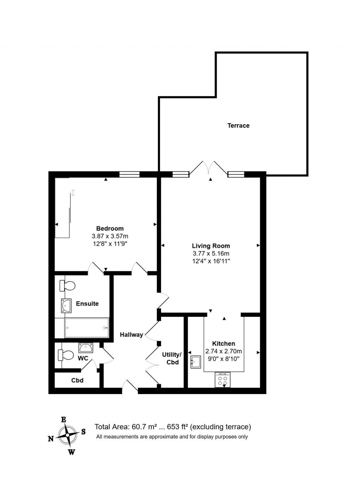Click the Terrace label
pyautogui.click(x=238, y=125)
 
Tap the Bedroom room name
pyautogui.click(x=110, y=228)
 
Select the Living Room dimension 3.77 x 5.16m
pyautogui.click(x=211, y=253)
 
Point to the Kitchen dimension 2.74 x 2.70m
pyautogui.click(x=224, y=351)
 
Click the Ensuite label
pyautogui.click(x=87, y=303)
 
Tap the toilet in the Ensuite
pyautogui.click(x=67, y=286)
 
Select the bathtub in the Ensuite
pyautogui.click(x=87, y=327)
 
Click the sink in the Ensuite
pyautogui.click(x=66, y=305)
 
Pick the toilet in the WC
pyautogui.click(x=66, y=355)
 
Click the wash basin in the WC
pyautogui.click(x=86, y=348)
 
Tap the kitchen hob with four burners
pyautogui.click(x=223, y=380)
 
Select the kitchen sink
pyautogui.click(x=195, y=362)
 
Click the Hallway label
pyautogui.click(x=131, y=335)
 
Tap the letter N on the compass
pyautogui.click(x=51, y=438)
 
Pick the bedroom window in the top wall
pyautogui.click(x=129, y=174)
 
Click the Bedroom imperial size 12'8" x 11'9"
pyautogui.click(x=110, y=244)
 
